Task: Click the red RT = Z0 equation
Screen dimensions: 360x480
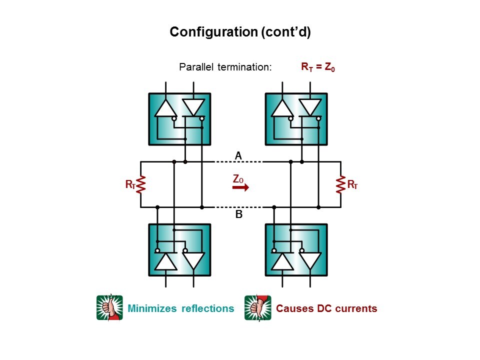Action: click(317, 67)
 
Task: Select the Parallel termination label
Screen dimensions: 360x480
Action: click(225, 67)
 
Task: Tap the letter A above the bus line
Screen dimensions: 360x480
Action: click(238, 156)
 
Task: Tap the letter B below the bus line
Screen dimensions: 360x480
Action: click(238, 215)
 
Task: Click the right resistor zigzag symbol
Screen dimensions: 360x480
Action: click(340, 184)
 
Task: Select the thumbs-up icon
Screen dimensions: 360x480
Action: click(109, 307)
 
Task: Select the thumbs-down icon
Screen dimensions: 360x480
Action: click(257, 307)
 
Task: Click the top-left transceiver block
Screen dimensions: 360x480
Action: click(180, 118)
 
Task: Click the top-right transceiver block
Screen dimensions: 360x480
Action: click(296, 118)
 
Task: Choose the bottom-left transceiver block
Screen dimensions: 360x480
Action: click(180, 250)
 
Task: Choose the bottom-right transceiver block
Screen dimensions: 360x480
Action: click(296, 250)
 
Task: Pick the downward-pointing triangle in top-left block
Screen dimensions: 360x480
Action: click(193, 107)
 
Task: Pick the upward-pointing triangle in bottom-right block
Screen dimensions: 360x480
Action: click(282, 261)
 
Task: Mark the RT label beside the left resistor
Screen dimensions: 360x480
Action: click(130, 185)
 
